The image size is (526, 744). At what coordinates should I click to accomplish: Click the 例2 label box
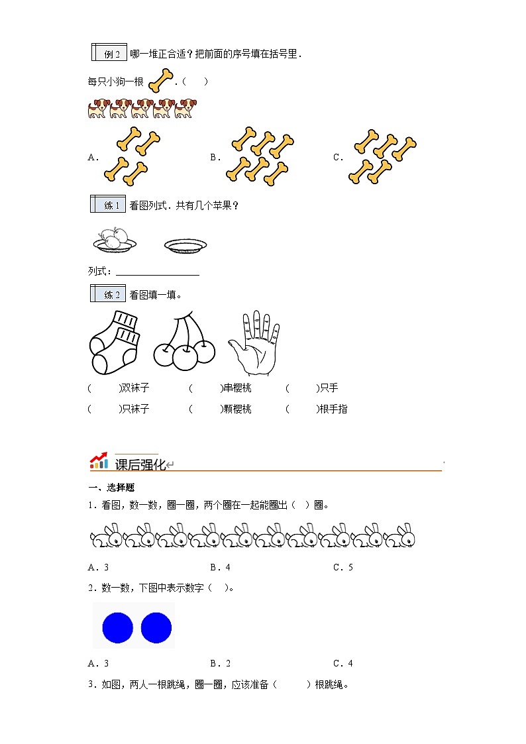click(x=108, y=54)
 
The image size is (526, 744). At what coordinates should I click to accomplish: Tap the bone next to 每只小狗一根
click(x=160, y=81)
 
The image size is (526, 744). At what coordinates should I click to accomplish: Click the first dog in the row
click(x=97, y=109)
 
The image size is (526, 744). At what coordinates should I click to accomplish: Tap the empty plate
click(x=185, y=246)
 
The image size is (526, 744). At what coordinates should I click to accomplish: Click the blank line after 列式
click(x=157, y=272)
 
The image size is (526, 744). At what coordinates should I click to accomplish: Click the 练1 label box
click(x=108, y=205)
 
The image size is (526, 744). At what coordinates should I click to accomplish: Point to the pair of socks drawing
click(x=114, y=342)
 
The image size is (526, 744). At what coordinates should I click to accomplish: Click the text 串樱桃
click(x=237, y=388)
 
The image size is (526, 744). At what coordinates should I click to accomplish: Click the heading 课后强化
click(x=140, y=464)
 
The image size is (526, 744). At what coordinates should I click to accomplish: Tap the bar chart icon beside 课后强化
click(x=99, y=461)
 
